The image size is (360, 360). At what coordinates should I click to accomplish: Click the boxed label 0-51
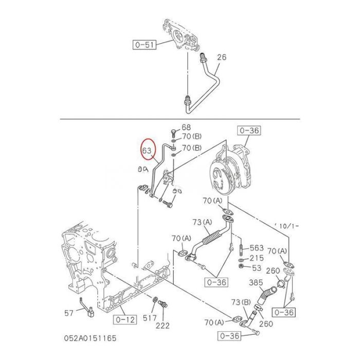(145, 45)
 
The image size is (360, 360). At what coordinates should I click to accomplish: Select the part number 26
(221, 57)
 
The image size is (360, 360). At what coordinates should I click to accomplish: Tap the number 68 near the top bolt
(186, 127)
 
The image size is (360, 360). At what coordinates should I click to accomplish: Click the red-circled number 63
(148, 151)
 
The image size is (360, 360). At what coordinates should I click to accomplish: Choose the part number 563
(257, 247)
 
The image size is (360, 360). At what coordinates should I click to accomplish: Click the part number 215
(256, 258)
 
